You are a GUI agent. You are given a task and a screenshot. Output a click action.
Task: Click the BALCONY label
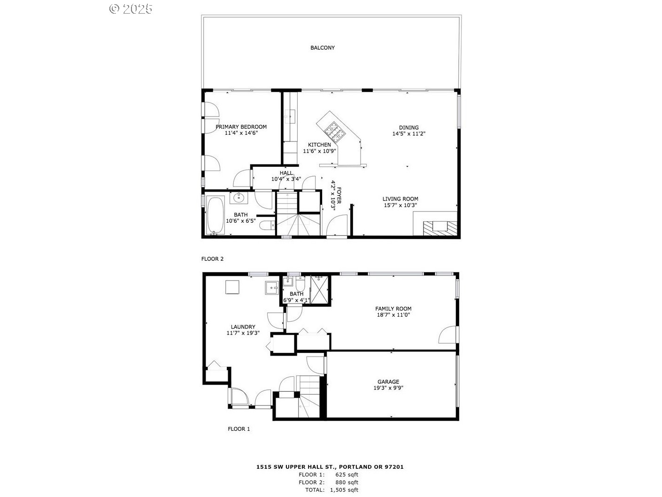[x=323, y=48]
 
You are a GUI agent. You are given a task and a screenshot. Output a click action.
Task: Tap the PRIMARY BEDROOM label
[x=241, y=127]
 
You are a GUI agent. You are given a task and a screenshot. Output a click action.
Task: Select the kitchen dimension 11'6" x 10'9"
[x=319, y=151]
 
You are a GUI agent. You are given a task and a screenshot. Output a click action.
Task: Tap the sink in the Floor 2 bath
[x=239, y=198]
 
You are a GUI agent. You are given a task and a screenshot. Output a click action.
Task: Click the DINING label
[x=408, y=127]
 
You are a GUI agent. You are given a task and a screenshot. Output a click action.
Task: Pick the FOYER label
[x=339, y=196]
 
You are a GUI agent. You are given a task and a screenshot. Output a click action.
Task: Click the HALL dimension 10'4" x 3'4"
[x=286, y=179]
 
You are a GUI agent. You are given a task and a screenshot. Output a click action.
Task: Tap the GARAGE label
[x=388, y=382]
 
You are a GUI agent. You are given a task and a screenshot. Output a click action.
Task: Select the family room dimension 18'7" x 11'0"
[x=393, y=315]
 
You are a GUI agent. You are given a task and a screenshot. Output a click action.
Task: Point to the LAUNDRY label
[x=243, y=327]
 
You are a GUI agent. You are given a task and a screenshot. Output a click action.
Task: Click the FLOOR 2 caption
[x=212, y=259]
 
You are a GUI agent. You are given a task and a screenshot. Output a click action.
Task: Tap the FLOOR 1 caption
[x=239, y=429]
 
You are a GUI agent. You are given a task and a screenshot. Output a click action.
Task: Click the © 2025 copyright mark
[x=131, y=8]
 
